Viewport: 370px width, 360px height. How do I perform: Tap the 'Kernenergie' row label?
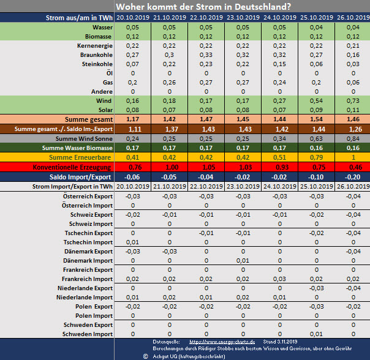[x=94, y=46]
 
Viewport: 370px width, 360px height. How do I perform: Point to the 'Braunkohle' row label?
[x=96, y=55]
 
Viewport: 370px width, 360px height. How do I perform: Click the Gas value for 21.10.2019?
[x=168, y=82]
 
